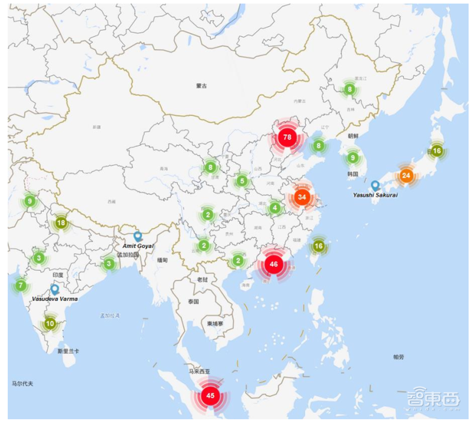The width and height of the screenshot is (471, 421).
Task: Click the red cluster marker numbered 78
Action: [x=287, y=137]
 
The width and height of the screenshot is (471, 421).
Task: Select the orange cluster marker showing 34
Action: [x=302, y=197]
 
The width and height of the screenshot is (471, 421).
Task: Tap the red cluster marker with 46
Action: [x=273, y=264]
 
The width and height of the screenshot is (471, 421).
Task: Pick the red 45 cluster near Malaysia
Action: [x=210, y=395]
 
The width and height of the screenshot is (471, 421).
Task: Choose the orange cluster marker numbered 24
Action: [x=406, y=175]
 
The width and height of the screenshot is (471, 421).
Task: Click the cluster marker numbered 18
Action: [x=61, y=223]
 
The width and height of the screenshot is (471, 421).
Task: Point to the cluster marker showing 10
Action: [x=50, y=323]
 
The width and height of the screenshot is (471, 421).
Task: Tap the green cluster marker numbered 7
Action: [x=21, y=286]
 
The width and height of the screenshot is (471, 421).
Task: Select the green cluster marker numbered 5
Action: [x=241, y=181]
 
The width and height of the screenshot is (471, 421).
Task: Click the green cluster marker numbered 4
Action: [x=274, y=208]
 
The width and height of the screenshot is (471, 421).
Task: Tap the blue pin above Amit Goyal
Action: [x=138, y=236]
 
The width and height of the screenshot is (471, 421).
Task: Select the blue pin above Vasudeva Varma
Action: [x=55, y=289]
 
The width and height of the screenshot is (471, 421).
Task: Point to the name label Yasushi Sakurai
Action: [x=374, y=195]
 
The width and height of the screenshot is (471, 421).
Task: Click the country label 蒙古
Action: [x=202, y=86]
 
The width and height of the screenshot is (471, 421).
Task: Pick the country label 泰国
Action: [x=194, y=301]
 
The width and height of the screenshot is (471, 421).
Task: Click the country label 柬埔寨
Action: [x=215, y=323]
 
